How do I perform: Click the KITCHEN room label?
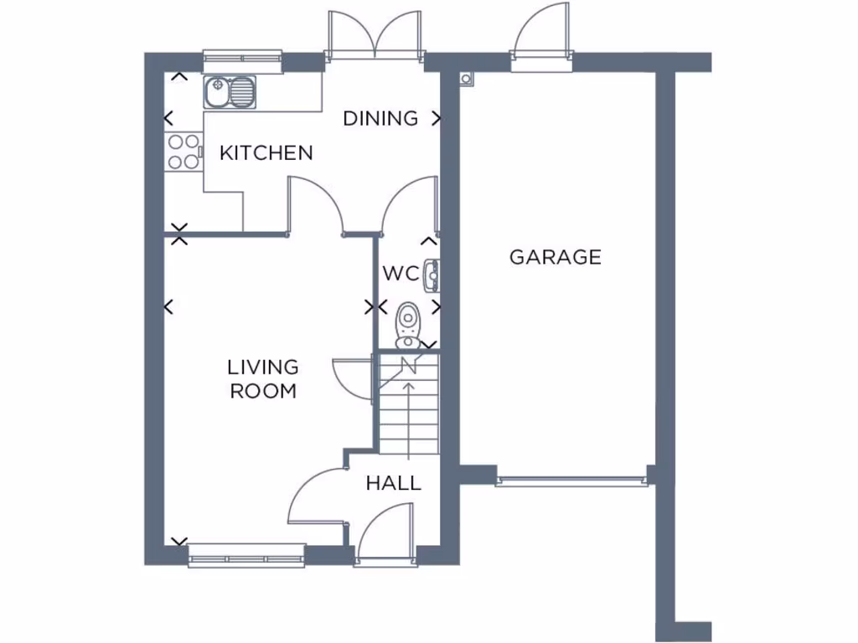tap(266, 153)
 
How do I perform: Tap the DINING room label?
tap(380, 119)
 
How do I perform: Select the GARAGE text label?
tap(556, 257)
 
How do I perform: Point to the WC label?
tap(400, 274)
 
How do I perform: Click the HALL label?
tap(393, 484)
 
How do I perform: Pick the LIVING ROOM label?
tap(264, 378)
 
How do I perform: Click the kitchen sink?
tap(229, 91)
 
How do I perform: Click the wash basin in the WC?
tap(432, 274)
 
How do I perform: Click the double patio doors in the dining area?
tap(375, 38)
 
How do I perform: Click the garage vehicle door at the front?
tap(571, 481)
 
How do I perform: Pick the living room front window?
tap(246, 555)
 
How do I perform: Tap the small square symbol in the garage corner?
tap(467, 80)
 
